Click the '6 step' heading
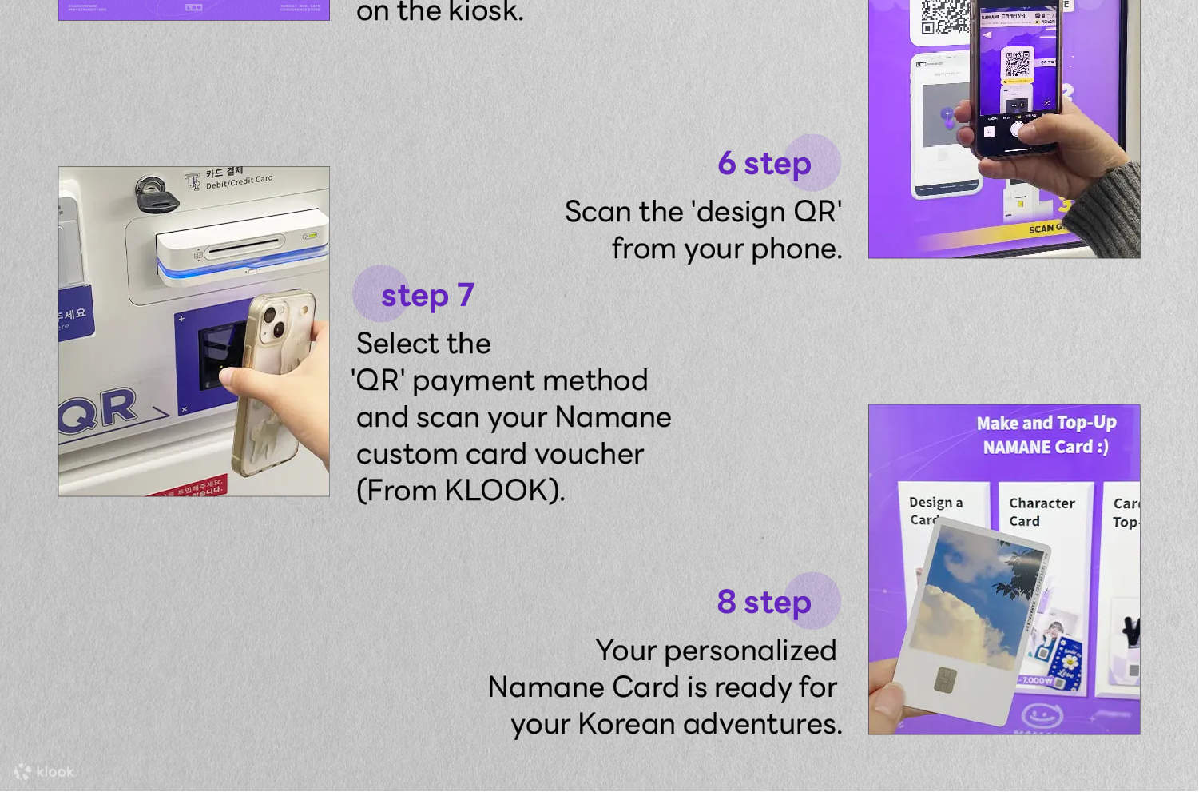pyautogui.click(x=764, y=164)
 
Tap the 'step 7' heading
pyautogui.click(x=427, y=295)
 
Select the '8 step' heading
pyautogui.click(x=764, y=602)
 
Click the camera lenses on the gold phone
pyautogui.click(x=272, y=318)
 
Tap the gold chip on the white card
pyautogui.click(x=946, y=679)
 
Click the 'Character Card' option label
pyautogui.click(x=1041, y=512)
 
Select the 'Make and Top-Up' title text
pyautogui.click(x=1046, y=423)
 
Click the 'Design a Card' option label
pyautogui.click(x=935, y=510)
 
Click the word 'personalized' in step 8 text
pyautogui.click(x=750, y=651)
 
